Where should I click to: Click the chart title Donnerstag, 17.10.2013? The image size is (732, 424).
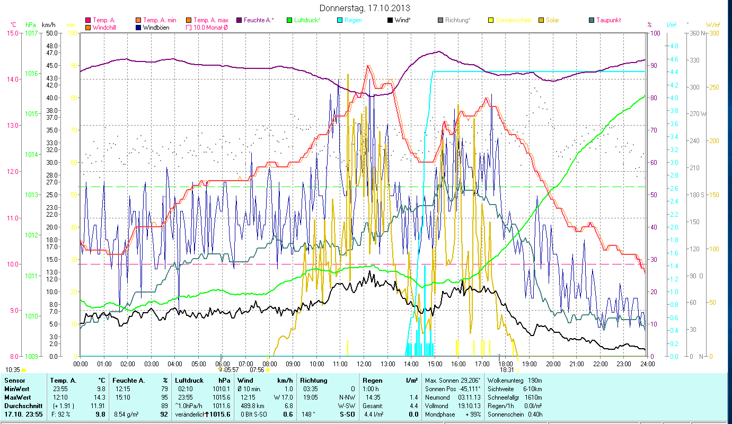click(x=365, y=8)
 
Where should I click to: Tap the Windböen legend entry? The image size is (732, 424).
click(x=156, y=27)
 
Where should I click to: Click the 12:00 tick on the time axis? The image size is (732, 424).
click(x=364, y=364)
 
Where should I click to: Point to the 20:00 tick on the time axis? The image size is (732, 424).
click(x=553, y=364)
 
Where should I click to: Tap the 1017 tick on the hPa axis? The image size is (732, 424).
click(x=31, y=33)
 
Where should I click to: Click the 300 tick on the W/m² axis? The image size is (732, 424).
click(x=714, y=33)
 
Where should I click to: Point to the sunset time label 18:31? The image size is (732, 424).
click(x=507, y=370)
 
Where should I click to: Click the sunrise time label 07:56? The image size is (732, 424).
click(x=257, y=370)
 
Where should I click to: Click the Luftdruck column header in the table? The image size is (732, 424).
click(x=189, y=381)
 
